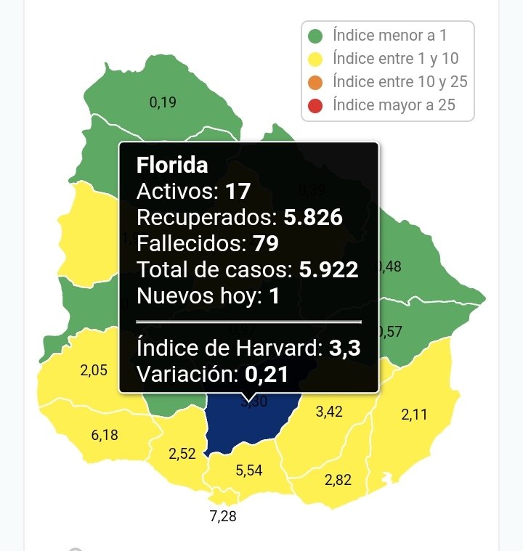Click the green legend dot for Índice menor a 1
[315, 36]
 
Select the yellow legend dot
[315, 59]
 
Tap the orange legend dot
[315, 82]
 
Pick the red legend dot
[315, 105]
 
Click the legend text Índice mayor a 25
[394, 105]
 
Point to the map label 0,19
[163, 103]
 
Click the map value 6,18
[105, 436]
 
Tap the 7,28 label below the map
[223, 517]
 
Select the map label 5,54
[249, 471]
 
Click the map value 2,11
[415, 415]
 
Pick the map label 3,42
[329, 412]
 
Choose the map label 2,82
[338, 481]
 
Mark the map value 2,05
[94, 370]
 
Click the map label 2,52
[182, 454]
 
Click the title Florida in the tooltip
[172, 166]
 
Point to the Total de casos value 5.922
[328, 270]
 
